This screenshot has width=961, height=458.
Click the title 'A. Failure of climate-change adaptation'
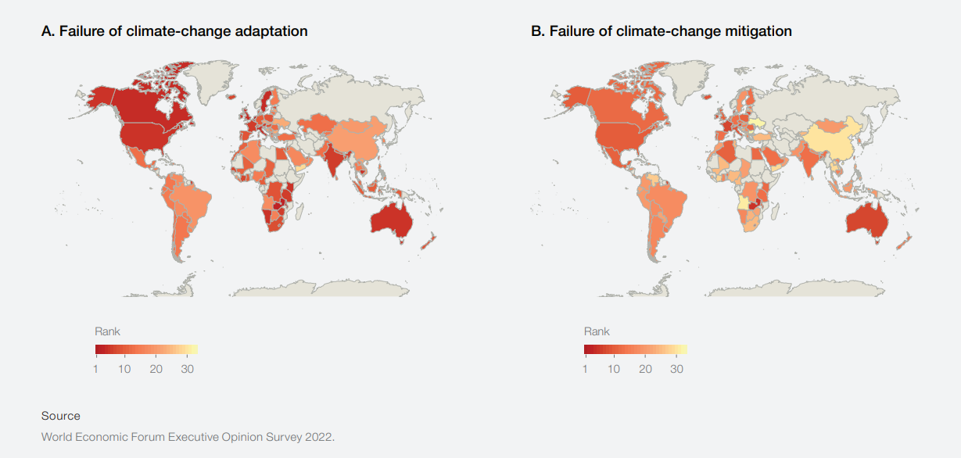coord(174,31)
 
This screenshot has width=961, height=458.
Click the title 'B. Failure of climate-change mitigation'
coord(662,31)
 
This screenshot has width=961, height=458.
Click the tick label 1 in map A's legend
coord(95,369)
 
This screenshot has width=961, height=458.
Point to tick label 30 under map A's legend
coord(187,369)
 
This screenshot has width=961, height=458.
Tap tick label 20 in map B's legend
coord(644,369)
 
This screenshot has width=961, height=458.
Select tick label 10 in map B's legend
coord(614,369)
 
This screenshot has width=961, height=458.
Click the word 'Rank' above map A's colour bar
coord(107,331)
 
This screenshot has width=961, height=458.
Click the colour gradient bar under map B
coord(635,349)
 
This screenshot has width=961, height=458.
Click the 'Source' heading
coord(61,416)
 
